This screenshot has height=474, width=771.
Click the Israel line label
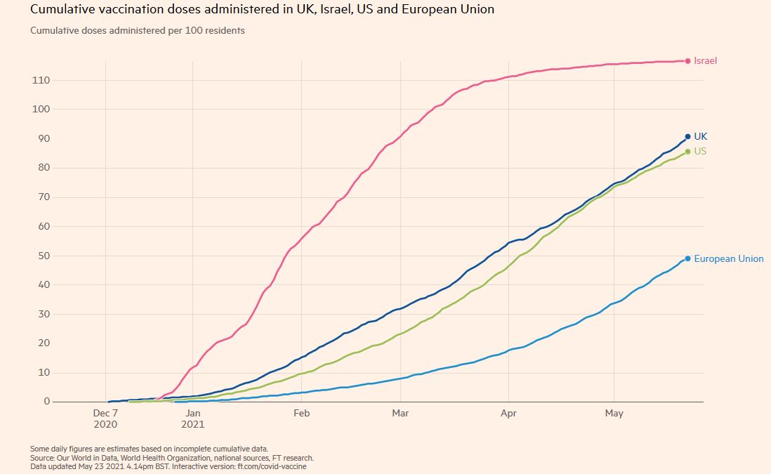pos(705,61)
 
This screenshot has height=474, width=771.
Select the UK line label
pos(700,136)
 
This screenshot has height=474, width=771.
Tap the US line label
pos(700,151)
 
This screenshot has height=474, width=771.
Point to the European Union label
pos(728,258)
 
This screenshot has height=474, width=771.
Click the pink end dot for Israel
pos(687,61)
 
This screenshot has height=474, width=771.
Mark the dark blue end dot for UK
pos(687,136)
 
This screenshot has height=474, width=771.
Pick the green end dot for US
pos(687,151)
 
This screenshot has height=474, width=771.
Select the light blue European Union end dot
pos(687,258)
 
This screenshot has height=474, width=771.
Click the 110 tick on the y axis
pos(41,80)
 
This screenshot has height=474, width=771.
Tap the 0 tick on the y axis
pos(46,402)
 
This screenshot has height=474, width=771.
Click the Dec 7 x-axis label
pos(106,414)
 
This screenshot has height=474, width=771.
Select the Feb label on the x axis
pos(301,414)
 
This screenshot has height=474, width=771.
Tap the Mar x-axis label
pos(400,414)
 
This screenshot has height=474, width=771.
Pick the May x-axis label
pos(614,414)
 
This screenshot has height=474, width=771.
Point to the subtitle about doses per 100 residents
pos(138,31)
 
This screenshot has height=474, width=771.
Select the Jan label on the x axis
pos(193,414)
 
